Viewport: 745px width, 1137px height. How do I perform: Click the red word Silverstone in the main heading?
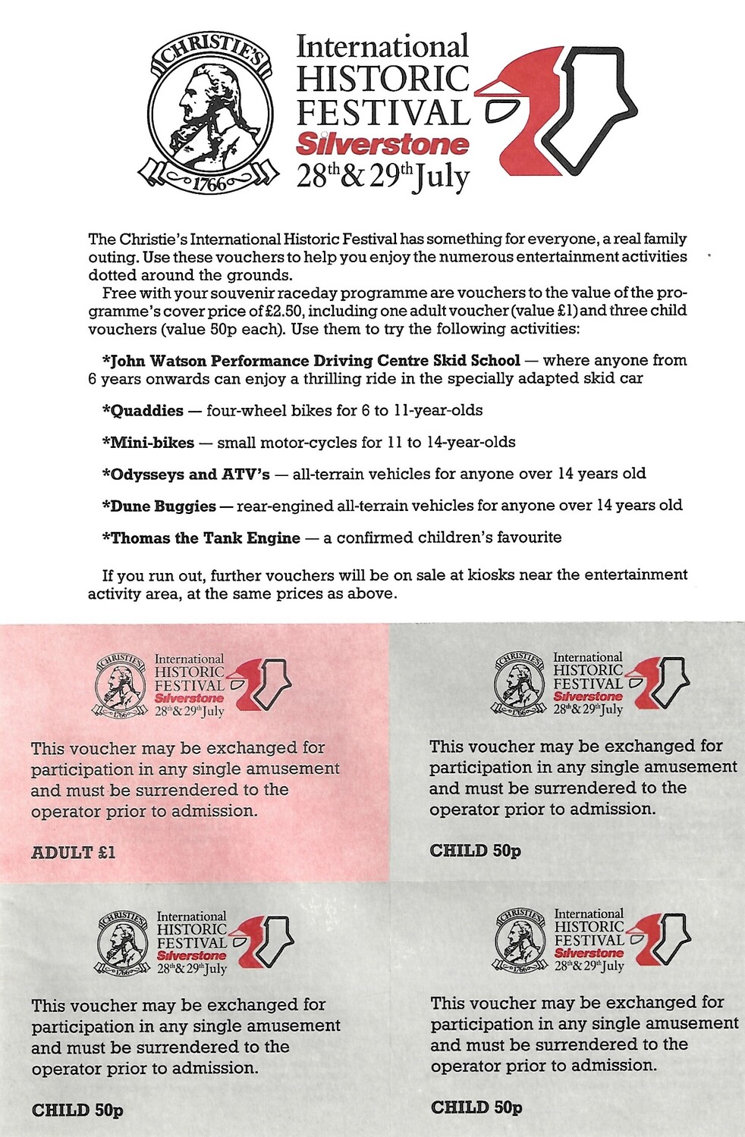pos(382,143)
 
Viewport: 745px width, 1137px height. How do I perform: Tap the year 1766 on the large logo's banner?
pos(209,183)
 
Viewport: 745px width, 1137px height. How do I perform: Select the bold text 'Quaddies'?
pos(147,411)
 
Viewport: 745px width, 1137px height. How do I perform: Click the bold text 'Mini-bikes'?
pos(152,443)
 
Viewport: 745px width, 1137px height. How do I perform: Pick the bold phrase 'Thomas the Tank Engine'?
pos(206,538)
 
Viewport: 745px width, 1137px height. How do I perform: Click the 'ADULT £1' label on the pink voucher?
pos(74,852)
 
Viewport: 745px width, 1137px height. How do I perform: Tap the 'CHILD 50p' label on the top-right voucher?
pos(476,850)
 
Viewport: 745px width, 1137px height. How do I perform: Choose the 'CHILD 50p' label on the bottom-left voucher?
pos(77,1110)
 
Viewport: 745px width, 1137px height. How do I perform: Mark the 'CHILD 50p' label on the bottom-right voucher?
pos(476,1107)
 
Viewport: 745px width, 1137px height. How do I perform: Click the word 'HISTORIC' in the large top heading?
pos(382,80)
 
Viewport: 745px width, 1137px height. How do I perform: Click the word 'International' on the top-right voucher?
pos(587,657)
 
